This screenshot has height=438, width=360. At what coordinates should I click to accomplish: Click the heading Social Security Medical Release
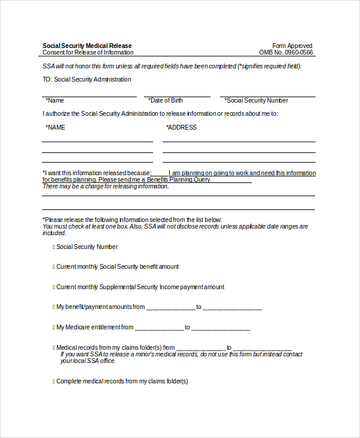87,46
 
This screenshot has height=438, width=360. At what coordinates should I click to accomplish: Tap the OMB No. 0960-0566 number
286,52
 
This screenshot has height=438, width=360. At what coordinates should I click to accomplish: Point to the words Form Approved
292,46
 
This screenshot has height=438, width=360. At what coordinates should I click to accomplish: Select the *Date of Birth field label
166,100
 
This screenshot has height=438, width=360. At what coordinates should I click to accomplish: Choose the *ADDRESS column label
181,127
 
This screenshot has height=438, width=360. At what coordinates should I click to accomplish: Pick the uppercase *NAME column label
56,127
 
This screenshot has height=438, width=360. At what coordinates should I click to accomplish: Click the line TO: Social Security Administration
86,79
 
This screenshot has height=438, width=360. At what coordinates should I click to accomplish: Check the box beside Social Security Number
53,247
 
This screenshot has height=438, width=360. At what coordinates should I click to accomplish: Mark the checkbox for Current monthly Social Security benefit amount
53,266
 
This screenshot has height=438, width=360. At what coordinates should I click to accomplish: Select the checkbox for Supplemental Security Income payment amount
53,287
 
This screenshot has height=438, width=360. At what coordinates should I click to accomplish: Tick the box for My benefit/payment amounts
53,307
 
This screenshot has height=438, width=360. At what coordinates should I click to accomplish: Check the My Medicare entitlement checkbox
53,327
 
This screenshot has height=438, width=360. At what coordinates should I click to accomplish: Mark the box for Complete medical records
53,381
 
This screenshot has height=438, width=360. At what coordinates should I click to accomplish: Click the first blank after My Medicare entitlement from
159,328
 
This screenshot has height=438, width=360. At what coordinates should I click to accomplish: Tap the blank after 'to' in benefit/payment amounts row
232,307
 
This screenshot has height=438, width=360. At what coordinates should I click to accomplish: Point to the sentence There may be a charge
106,186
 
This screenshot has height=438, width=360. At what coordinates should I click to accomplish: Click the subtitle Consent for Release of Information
88,52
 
